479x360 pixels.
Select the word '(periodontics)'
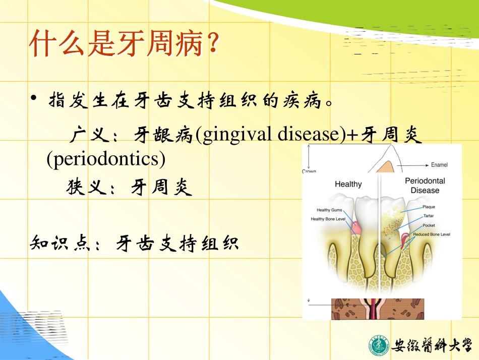pos(106,159)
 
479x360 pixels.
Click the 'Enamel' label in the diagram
pos(439,165)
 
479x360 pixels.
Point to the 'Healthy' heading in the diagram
pos(348,184)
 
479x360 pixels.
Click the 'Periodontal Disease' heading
pos(425,186)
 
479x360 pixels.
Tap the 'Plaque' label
pos(429,207)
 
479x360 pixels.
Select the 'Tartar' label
pos(429,216)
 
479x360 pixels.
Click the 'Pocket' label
pos(429,225)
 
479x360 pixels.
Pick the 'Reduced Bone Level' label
pos(432,234)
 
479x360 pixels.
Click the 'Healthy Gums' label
pos(329,210)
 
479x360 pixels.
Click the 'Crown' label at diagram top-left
pos(309,171)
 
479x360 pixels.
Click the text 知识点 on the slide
pos(61,244)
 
